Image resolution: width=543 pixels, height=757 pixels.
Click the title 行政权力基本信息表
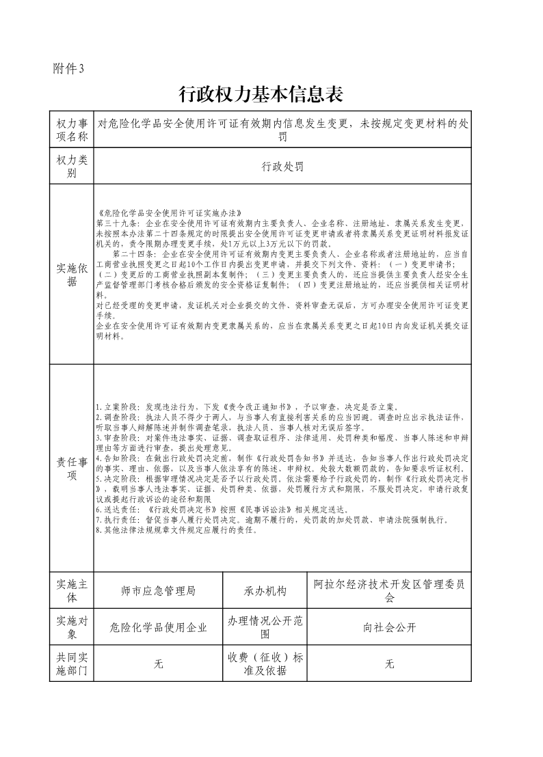(260, 94)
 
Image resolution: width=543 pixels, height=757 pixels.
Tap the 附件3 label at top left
(68, 68)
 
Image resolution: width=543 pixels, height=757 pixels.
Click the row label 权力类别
(72, 167)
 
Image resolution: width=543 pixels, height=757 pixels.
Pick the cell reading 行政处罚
(282, 167)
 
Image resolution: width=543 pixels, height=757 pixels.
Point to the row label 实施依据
(72, 274)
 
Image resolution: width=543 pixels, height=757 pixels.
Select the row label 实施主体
(72, 590)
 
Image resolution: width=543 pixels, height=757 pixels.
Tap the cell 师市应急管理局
(158, 591)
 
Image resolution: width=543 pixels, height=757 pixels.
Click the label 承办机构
(265, 591)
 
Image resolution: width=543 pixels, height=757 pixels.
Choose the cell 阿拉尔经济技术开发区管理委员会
(389, 591)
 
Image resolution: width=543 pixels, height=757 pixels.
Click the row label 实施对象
(72, 627)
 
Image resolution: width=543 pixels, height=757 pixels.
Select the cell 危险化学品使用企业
(158, 628)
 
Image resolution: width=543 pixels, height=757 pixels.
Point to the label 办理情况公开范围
(265, 627)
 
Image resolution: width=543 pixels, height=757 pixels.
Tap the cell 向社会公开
(389, 628)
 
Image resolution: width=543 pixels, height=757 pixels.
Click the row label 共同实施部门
(72, 663)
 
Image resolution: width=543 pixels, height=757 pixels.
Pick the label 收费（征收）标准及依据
(265, 663)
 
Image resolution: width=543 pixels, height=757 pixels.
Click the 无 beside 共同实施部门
(158, 664)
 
